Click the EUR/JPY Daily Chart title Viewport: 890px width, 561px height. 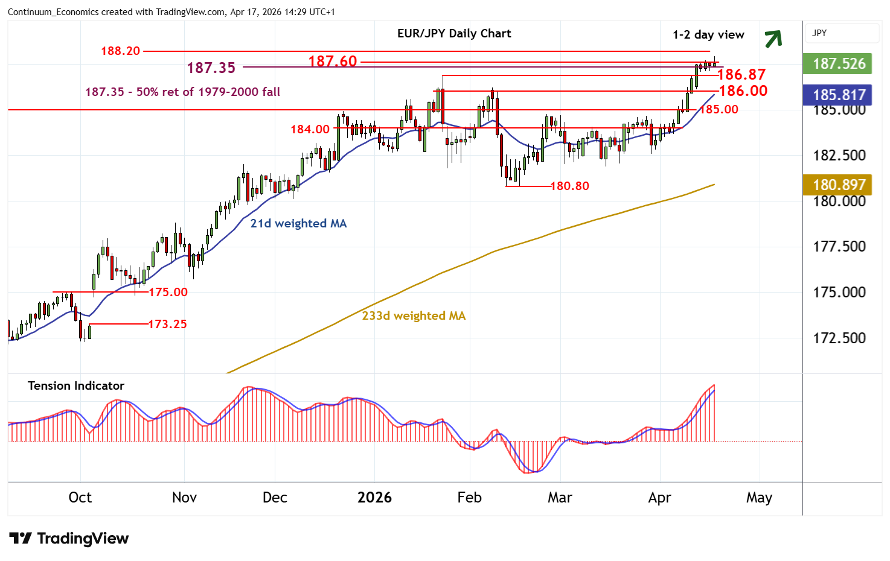pyautogui.click(x=454, y=34)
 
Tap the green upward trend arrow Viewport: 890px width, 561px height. pyautogui.click(x=773, y=39)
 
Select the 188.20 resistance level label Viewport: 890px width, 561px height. pyautogui.click(x=120, y=51)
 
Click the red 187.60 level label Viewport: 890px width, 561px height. pyautogui.click(x=333, y=61)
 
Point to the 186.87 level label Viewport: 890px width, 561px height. pyautogui.click(x=741, y=74)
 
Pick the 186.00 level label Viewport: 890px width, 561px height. pyautogui.click(x=743, y=90)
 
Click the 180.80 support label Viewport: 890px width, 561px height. pyautogui.click(x=569, y=186)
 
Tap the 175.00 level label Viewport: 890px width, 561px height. pyautogui.click(x=168, y=292)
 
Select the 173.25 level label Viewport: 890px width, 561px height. pyautogui.click(x=167, y=324)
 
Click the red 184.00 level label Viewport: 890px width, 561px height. pyautogui.click(x=310, y=129)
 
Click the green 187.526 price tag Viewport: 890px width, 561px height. pyautogui.click(x=839, y=63)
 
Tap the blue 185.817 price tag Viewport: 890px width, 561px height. pyautogui.click(x=839, y=95)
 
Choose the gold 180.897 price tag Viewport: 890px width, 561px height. pyautogui.click(x=839, y=185)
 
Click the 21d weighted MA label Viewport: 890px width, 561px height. pyautogui.click(x=298, y=223)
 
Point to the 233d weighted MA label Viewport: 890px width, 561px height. pyautogui.click(x=414, y=315)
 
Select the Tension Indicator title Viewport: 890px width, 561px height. pyautogui.click(x=76, y=385)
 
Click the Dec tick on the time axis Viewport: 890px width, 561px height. pyautogui.click(x=275, y=498)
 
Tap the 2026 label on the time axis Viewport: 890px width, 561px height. pyautogui.click(x=374, y=498)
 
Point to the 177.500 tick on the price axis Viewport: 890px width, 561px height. pyautogui.click(x=839, y=246)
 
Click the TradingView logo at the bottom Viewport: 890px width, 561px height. pyautogui.click(x=69, y=538)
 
